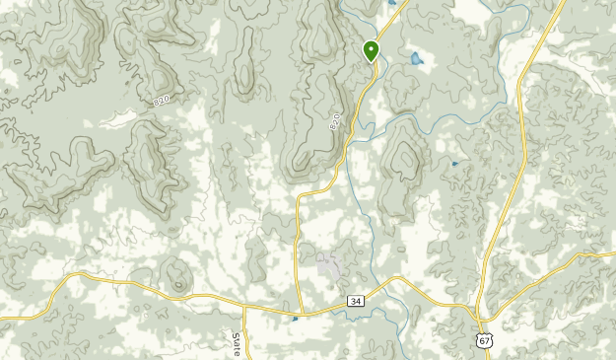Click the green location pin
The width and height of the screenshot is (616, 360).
[372, 50]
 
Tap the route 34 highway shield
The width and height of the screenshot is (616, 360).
[355, 300]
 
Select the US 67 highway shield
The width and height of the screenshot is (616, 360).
[483, 338]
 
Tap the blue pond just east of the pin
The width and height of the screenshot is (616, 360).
[415, 59]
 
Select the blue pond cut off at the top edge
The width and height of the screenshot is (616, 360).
[392, 3]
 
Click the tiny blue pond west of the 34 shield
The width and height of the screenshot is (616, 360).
[294, 318]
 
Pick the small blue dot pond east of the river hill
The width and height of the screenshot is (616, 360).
[454, 163]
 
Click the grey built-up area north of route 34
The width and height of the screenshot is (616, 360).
[329, 263]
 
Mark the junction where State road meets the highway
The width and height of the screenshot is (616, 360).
[244, 305]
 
